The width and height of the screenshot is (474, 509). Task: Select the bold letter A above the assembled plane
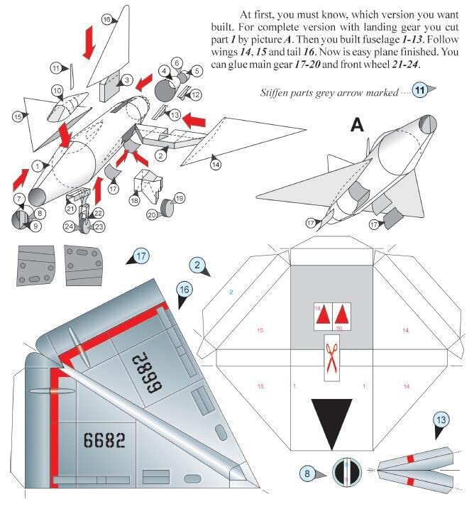357,126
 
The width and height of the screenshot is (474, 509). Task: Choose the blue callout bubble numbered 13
441,420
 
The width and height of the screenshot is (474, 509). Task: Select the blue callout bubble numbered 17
141,256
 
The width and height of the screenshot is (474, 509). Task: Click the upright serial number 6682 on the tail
104,440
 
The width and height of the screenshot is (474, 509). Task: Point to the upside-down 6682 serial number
148,369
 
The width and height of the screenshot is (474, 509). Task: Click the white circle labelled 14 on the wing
215,164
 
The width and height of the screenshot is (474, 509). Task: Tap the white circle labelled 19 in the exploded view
179,198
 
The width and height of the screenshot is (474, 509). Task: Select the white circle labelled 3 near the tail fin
126,80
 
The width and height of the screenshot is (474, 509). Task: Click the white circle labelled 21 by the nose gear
71,209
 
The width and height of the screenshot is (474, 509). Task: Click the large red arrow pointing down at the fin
89,43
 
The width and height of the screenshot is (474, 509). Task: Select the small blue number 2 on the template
231,292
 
